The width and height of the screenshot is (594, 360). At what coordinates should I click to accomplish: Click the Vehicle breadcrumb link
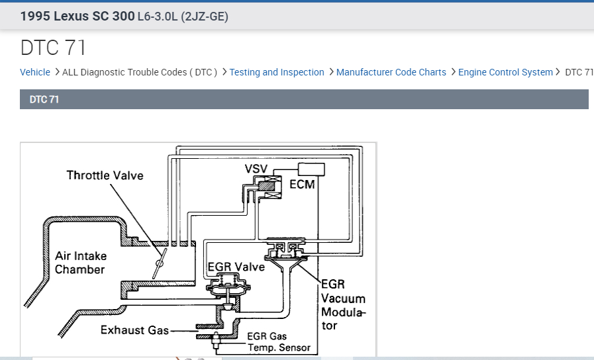click(35, 72)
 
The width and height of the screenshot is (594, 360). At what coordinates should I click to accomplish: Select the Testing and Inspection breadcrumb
click(277, 72)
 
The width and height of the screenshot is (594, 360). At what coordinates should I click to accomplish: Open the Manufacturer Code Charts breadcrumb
click(391, 72)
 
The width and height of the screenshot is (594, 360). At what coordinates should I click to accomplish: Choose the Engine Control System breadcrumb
click(505, 72)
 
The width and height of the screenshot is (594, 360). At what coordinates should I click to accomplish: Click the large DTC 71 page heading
click(53, 48)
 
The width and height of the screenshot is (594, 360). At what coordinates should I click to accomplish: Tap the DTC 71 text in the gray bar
click(44, 99)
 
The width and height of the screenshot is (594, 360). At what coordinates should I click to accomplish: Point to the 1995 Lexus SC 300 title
click(77, 16)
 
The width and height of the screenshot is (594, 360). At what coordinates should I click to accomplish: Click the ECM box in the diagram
click(311, 169)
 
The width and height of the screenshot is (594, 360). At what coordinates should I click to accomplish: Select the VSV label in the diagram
click(256, 169)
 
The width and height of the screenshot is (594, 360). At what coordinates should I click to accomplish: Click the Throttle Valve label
click(105, 175)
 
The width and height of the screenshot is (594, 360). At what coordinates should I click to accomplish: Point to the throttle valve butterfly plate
click(158, 267)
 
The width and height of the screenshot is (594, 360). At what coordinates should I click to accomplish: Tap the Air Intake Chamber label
click(80, 263)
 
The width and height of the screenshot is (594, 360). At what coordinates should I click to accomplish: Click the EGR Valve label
click(236, 267)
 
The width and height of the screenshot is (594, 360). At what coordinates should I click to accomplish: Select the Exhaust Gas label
click(134, 330)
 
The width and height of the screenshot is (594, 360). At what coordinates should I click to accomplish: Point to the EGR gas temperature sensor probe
click(216, 343)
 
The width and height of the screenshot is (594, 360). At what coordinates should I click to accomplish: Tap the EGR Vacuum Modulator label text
click(342, 304)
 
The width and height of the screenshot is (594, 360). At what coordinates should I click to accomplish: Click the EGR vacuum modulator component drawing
click(284, 251)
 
